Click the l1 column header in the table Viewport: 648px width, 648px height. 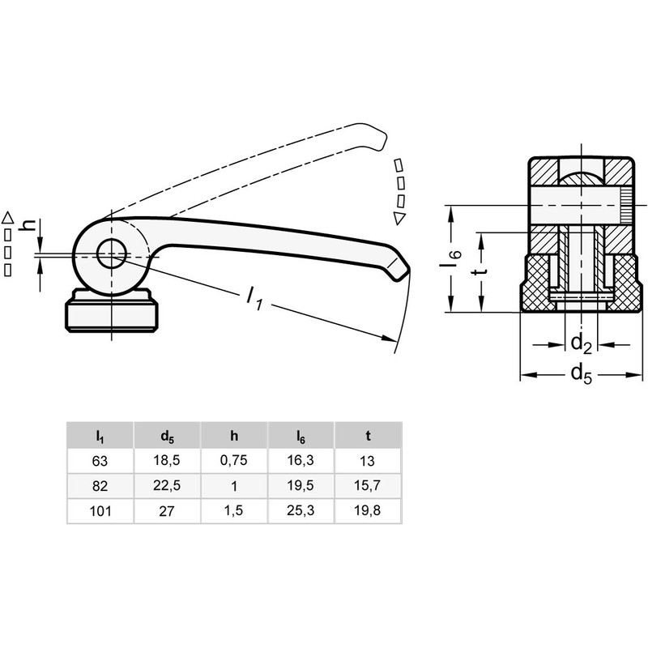100,437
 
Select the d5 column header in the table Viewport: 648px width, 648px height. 167,437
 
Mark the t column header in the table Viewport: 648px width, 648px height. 368,437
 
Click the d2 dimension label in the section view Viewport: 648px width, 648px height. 581,343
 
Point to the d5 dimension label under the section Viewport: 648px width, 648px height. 581,373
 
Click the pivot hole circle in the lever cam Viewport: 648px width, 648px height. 109,254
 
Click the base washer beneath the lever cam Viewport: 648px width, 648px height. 109,315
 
